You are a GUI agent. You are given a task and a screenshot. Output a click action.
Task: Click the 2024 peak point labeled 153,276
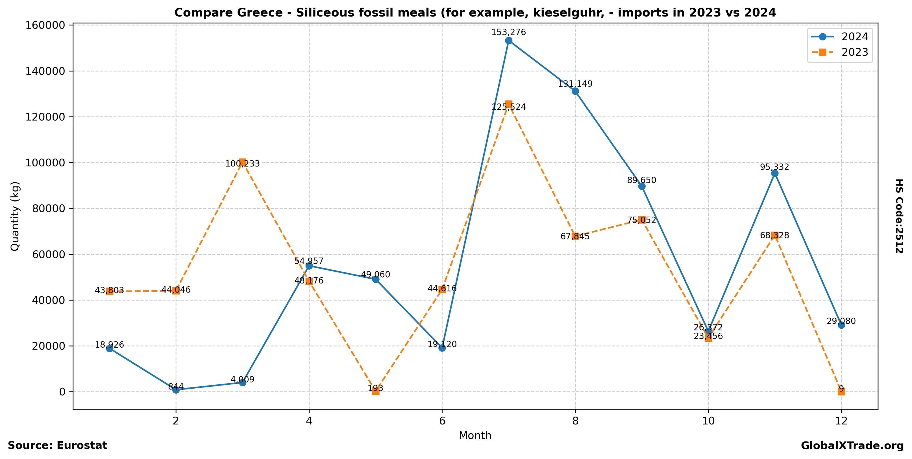tap(508, 41)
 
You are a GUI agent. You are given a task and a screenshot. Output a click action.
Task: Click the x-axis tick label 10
tap(708, 421)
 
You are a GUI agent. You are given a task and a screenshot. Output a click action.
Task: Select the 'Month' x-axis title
tap(475, 435)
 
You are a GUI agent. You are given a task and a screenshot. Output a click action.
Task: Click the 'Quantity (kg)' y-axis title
tap(15, 216)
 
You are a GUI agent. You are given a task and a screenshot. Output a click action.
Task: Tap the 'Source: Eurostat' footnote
tap(57, 445)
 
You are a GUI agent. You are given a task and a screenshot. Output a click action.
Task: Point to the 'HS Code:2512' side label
tap(899, 216)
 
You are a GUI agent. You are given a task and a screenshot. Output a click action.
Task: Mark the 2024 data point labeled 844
tap(176, 390)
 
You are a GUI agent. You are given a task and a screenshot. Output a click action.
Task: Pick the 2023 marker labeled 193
tap(376, 391)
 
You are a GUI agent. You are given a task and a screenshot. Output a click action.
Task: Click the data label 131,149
tap(575, 84)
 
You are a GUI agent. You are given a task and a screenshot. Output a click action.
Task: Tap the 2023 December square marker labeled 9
tap(841, 391)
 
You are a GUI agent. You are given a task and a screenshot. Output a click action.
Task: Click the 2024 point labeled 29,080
tap(841, 325)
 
